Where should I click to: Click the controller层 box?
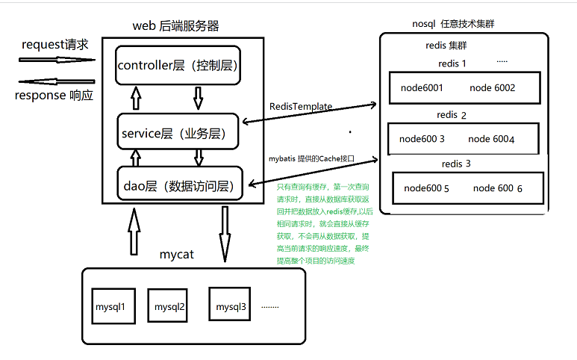[178, 66]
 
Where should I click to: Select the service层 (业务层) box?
[178, 134]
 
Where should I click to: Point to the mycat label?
[177, 255]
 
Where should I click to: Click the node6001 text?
[422, 88]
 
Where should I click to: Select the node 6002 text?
[492, 88]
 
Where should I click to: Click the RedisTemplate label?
[301, 107]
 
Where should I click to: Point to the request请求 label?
[55, 45]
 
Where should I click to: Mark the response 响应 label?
[54, 96]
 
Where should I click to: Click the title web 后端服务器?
[175, 26]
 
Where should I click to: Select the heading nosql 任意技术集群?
[453, 24]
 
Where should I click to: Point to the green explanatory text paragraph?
[322, 223]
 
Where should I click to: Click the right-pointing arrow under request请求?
[57, 60]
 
